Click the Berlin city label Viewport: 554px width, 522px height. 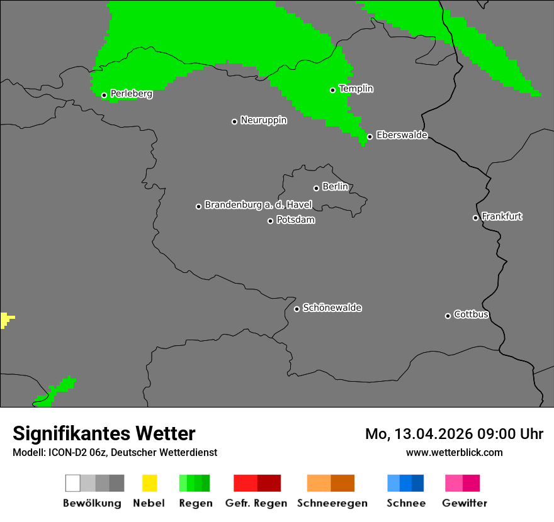click(335, 187)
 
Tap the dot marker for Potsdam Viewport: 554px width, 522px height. click(271, 221)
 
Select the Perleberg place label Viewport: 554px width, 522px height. click(131, 94)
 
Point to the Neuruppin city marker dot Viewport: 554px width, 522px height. click(235, 121)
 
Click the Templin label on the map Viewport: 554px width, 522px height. click(356, 89)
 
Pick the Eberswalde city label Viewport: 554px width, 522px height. click(402, 135)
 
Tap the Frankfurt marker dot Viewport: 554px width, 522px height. click(476, 218)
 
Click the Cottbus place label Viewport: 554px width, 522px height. click(471, 314)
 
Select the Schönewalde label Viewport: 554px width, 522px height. click(332, 308)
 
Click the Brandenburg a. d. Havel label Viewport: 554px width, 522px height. click(258, 205)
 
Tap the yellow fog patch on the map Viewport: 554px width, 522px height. click(6, 319)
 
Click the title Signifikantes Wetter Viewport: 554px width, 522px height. click(104, 433)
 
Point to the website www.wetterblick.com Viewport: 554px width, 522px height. click(454, 452)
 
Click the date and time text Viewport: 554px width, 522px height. click(454, 434)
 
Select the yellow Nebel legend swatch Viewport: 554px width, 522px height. click(149, 483)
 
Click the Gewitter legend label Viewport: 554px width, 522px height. click(464, 503)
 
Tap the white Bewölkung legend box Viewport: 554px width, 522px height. click(73, 483)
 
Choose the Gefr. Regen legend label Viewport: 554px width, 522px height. click(256, 503)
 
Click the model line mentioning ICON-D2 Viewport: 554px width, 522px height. click(115, 452)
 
